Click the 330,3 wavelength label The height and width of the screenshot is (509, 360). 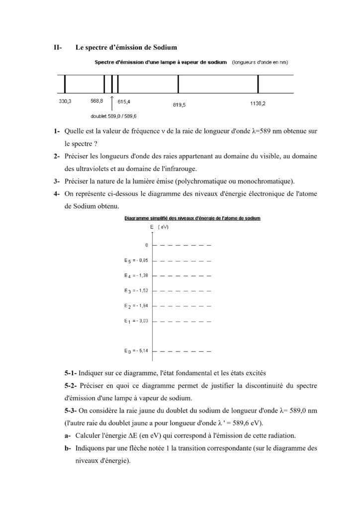point(65,101)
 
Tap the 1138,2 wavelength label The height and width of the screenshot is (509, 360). point(258,104)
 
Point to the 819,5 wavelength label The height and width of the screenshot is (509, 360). point(180,105)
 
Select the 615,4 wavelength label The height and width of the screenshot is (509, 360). point(124,101)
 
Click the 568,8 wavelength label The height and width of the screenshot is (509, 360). point(97,101)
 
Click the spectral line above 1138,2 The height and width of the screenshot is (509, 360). point(258,84)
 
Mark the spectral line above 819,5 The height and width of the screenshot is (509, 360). point(179,84)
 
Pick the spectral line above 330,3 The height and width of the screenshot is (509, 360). point(65,84)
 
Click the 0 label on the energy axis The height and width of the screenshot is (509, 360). point(147,245)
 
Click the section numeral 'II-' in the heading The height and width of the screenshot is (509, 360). point(58,48)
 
